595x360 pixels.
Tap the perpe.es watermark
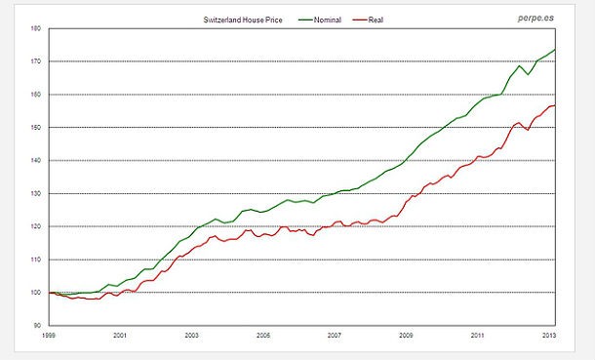(x=534, y=18)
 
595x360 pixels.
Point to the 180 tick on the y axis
(x=35, y=28)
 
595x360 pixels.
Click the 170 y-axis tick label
(x=35, y=61)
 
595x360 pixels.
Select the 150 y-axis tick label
(x=35, y=128)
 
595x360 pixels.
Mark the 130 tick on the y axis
(x=35, y=193)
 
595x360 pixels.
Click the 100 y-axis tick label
(x=35, y=293)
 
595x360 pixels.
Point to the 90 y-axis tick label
(x=37, y=326)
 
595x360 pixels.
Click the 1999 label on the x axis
(x=48, y=335)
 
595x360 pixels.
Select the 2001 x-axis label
(x=120, y=335)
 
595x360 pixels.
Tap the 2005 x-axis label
(x=263, y=335)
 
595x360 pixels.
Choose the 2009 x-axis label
(x=407, y=335)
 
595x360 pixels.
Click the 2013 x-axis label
(x=549, y=335)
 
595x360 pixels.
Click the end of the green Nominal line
(x=555, y=50)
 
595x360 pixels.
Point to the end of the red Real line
(x=555, y=105)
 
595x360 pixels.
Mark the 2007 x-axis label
(x=336, y=335)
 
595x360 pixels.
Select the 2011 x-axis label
(x=478, y=335)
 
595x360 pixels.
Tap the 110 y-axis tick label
(x=35, y=260)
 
